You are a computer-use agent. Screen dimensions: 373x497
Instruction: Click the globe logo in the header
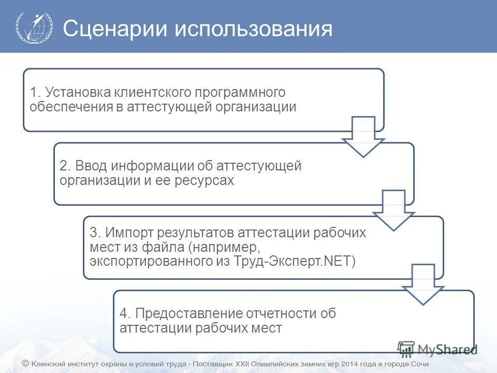pos(34,27)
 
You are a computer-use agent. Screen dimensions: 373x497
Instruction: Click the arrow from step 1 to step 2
pos(363,136)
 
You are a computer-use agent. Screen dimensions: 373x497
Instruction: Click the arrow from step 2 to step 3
pos(393,210)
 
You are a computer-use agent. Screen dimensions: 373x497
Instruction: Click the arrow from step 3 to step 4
pos(423,284)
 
